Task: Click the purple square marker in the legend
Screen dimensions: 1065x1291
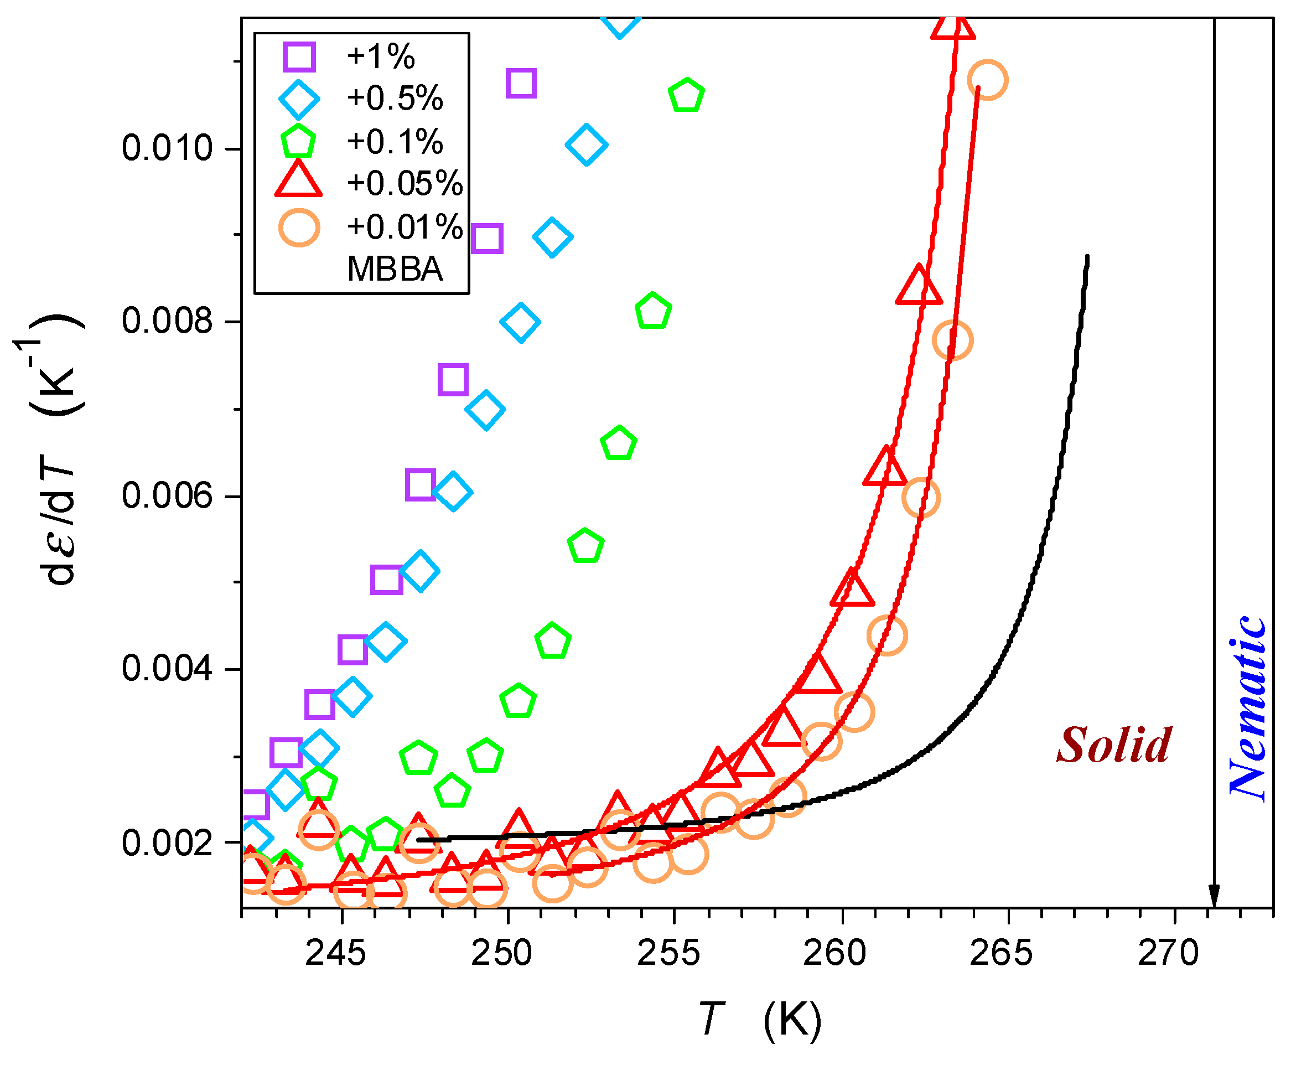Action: (x=299, y=57)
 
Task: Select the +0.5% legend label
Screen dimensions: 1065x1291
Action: (x=395, y=98)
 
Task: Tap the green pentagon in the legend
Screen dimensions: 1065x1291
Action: (x=298, y=142)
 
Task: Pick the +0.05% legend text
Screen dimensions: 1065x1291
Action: (x=404, y=183)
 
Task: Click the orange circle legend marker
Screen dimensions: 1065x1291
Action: (x=299, y=228)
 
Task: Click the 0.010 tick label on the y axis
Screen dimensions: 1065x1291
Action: (x=167, y=148)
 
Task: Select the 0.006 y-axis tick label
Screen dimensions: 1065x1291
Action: (x=167, y=496)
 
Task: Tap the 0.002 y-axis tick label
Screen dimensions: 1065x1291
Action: (x=167, y=842)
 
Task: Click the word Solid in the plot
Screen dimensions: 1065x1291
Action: (x=1113, y=746)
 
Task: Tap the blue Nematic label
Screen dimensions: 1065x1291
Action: (x=1248, y=709)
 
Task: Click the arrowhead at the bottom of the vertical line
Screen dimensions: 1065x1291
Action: (x=1213, y=897)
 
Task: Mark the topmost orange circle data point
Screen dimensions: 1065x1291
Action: (x=987, y=80)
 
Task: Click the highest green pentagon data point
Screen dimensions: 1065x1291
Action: (x=686, y=95)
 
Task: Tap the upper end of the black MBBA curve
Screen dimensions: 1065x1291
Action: (x=1087, y=256)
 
